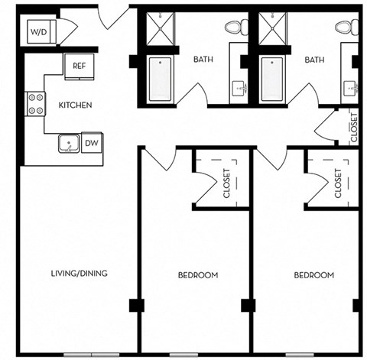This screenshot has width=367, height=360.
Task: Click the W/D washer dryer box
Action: coord(38,32)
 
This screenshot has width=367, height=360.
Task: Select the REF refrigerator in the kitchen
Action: coord(79,66)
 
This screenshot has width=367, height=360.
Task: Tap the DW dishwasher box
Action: coord(91,142)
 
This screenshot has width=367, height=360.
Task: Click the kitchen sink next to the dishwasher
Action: coord(69,142)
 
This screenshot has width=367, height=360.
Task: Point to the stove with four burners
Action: coord(35,103)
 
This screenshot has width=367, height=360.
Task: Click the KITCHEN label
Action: coord(76,105)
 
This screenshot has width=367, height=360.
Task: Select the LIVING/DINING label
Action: coord(79,273)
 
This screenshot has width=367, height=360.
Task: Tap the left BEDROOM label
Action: coord(198,275)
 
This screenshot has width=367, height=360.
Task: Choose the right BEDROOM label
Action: coord(314,275)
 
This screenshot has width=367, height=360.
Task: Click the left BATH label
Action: coord(203,59)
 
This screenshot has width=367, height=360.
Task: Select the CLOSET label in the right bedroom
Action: coord(338,183)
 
